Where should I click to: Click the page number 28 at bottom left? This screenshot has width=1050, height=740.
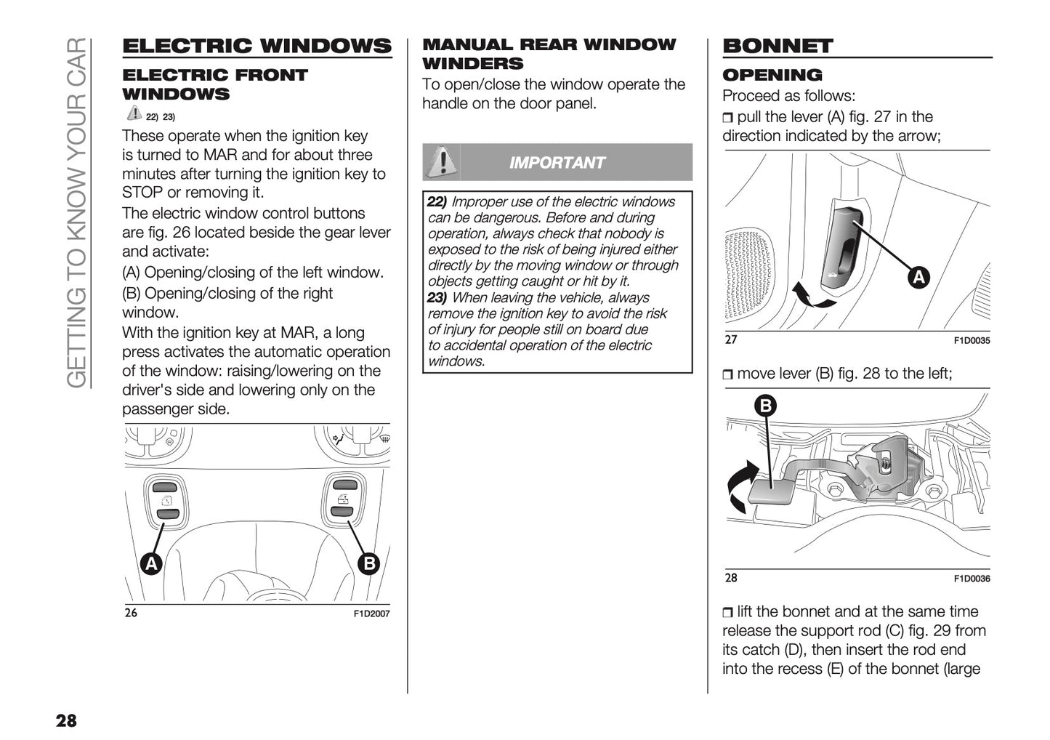click(65, 720)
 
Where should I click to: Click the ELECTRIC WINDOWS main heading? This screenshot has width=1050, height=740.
click(257, 46)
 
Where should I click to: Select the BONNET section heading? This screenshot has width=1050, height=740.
click(778, 46)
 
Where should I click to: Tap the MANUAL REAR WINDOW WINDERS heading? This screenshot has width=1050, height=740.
click(549, 54)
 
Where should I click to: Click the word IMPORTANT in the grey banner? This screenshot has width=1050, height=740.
click(557, 163)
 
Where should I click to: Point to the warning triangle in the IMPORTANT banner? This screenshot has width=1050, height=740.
click(440, 161)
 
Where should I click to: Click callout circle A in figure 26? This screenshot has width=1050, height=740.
click(150, 563)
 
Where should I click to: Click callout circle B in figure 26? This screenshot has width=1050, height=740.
click(368, 563)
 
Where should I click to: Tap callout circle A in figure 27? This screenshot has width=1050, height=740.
click(918, 277)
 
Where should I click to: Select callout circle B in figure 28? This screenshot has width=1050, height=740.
click(765, 406)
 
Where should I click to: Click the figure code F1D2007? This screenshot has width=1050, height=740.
click(371, 614)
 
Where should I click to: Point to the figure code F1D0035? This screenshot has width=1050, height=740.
click(972, 341)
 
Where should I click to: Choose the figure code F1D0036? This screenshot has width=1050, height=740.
click(972, 579)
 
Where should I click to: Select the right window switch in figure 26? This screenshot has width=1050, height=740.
click(342, 498)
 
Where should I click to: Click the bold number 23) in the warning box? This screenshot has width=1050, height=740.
click(437, 298)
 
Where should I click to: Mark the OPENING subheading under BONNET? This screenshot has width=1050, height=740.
click(772, 75)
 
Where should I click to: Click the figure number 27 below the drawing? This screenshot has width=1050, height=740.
click(730, 339)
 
